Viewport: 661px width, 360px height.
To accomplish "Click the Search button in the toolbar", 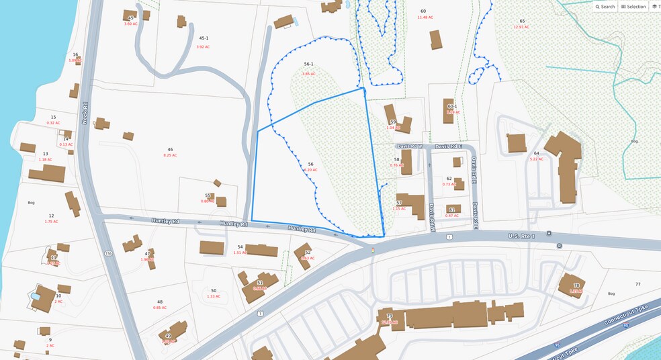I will [605, 7].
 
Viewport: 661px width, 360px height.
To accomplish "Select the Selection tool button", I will [633, 7].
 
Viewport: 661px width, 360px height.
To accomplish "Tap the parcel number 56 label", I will [310, 164].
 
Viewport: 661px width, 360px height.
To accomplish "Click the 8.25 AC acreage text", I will [170, 155].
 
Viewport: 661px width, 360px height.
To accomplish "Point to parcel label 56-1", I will [308, 64].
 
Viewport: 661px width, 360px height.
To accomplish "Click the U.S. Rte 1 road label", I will [521, 236].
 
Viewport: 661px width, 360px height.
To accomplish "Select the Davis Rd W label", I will [409, 146].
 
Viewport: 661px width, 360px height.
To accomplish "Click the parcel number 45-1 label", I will [203, 39].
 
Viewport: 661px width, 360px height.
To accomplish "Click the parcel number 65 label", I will [522, 21].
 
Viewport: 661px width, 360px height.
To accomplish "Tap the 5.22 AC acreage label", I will [536, 159].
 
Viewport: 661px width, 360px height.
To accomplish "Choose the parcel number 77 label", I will [637, 285].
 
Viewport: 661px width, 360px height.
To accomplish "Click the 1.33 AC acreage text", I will [214, 296].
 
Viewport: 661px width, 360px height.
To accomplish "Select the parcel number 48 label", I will [160, 302].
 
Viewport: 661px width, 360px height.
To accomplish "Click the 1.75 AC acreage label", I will [51, 222].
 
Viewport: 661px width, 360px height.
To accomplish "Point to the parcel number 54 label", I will [240, 247].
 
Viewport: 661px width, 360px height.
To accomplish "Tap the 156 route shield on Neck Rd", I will [107, 253].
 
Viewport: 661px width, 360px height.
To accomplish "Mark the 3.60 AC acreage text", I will [130, 24].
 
